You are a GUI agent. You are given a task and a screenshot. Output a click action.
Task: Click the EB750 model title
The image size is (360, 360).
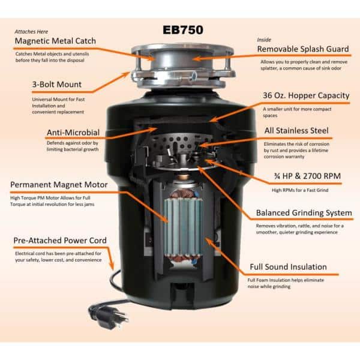point(183,30)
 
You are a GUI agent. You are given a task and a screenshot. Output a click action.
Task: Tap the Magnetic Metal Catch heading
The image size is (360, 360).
point(55,41)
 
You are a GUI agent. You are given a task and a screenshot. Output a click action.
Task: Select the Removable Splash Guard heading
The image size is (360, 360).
point(303,49)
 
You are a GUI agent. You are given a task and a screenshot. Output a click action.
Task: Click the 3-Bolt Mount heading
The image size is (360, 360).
point(57,84)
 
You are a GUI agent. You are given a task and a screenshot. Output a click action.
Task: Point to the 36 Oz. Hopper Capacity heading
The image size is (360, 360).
point(306,95)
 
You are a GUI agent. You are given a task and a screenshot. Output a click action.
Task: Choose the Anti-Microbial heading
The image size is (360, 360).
point(73,133)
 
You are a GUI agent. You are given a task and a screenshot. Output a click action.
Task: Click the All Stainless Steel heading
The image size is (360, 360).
point(296,130)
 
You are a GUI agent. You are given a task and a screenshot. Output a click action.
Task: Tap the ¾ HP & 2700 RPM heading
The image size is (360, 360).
point(307,176)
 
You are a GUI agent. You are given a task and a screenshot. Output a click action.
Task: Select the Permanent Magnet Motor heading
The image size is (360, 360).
point(59,185)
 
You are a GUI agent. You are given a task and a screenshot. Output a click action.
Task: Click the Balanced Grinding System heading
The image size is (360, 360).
point(304,213)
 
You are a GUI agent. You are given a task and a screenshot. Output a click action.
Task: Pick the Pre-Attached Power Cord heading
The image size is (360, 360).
point(60,241)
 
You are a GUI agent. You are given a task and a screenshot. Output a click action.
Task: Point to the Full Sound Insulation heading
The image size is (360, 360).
point(288,267)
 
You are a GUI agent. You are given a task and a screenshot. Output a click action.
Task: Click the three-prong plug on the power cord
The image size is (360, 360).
point(109,316)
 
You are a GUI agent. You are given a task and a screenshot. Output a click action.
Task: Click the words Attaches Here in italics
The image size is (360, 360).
point(31,32)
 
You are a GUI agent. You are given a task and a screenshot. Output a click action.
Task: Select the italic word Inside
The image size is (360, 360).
point(264,40)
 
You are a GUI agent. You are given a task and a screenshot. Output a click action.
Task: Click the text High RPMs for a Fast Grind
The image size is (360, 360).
point(300,190)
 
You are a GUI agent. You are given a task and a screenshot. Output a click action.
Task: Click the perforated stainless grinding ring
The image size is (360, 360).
point(181,142)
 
